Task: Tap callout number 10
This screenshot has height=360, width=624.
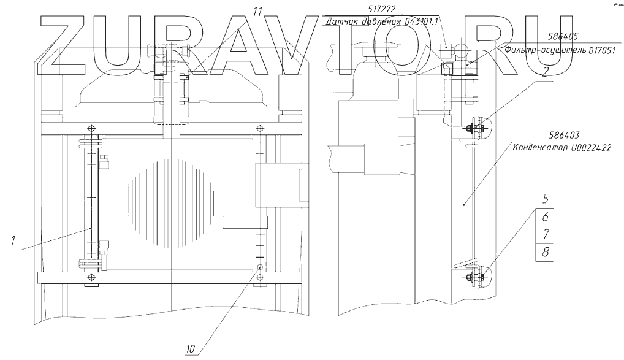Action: (191, 349)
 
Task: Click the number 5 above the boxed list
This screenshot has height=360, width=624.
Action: (544, 199)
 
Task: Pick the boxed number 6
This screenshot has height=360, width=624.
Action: (544, 216)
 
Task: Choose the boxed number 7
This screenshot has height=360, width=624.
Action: (544, 235)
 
